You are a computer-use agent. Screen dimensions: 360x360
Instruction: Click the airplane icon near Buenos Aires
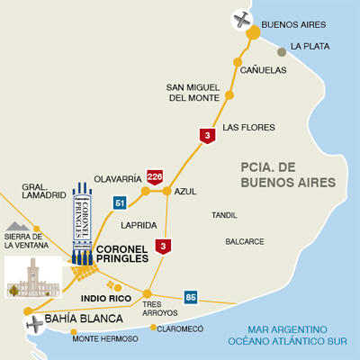point(240,18)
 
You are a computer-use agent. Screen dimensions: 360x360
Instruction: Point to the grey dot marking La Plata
point(283,51)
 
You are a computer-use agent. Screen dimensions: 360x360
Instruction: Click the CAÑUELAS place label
point(263,69)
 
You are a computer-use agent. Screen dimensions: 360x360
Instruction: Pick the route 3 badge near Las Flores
point(208,136)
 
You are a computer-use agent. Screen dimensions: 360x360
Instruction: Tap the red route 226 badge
point(156,175)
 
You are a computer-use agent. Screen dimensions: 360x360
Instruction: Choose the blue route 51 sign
point(119,203)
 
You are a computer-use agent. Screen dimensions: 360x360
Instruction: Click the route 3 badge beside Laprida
point(163,245)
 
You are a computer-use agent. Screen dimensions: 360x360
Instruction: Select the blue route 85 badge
point(190,297)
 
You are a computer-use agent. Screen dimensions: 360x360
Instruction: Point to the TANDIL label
point(224,215)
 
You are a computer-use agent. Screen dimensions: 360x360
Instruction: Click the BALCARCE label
point(245,241)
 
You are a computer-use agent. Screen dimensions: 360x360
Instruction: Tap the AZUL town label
point(185,192)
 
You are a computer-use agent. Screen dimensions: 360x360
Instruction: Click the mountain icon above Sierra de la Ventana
point(17,227)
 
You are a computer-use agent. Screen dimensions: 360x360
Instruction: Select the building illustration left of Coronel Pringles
point(32,277)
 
